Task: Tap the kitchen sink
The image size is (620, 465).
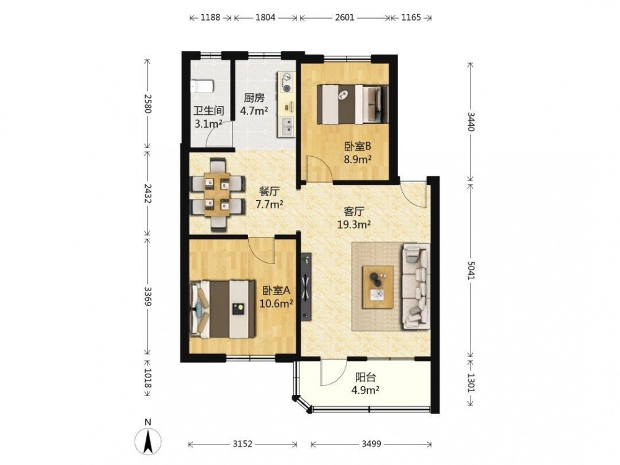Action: (x=287, y=126)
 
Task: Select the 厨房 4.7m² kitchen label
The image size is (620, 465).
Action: (x=254, y=104)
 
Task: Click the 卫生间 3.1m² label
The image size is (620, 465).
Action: (x=208, y=117)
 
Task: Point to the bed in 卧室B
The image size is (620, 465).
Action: (x=353, y=104)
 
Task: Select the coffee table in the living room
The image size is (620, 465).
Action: (x=378, y=287)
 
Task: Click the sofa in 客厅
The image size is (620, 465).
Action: (x=416, y=286)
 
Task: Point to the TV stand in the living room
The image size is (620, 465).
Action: (x=306, y=285)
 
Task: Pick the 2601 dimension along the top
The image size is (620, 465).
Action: (x=344, y=18)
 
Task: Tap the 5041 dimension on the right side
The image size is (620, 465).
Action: (x=471, y=270)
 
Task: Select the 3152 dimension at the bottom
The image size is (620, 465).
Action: (x=242, y=444)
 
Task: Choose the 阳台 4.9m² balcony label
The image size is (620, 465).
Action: (x=365, y=383)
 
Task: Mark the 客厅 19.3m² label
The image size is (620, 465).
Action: (x=354, y=218)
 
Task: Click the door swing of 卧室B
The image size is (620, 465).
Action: (x=319, y=169)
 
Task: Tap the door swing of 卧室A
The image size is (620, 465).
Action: (x=261, y=250)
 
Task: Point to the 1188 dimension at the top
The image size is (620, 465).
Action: (x=210, y=18)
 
